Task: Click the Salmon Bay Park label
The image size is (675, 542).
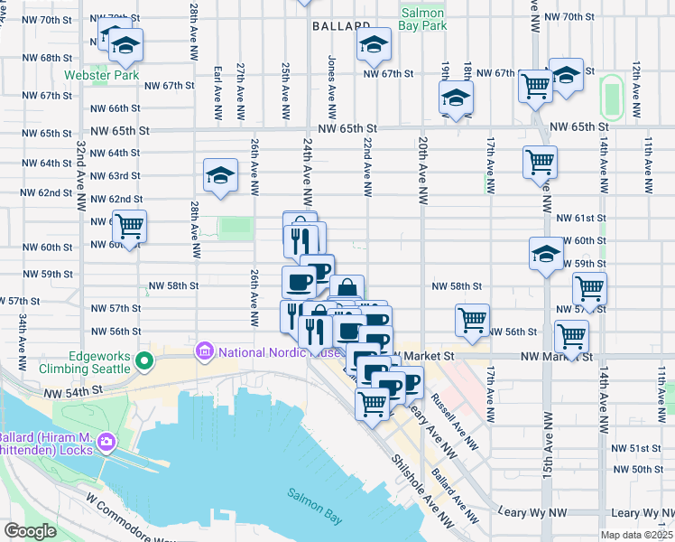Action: [x=422, y=20]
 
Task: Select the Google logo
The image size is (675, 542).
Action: [x=30, y=531]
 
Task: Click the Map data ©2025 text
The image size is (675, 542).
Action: [x=636, y=535]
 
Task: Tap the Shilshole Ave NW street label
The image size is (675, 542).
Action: [x=420, y=488]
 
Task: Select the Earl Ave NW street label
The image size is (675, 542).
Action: [x=217, y=92]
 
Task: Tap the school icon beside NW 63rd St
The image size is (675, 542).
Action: [x=219, y=177]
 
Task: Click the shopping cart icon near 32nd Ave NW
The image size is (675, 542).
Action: [x=130, y=226]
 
